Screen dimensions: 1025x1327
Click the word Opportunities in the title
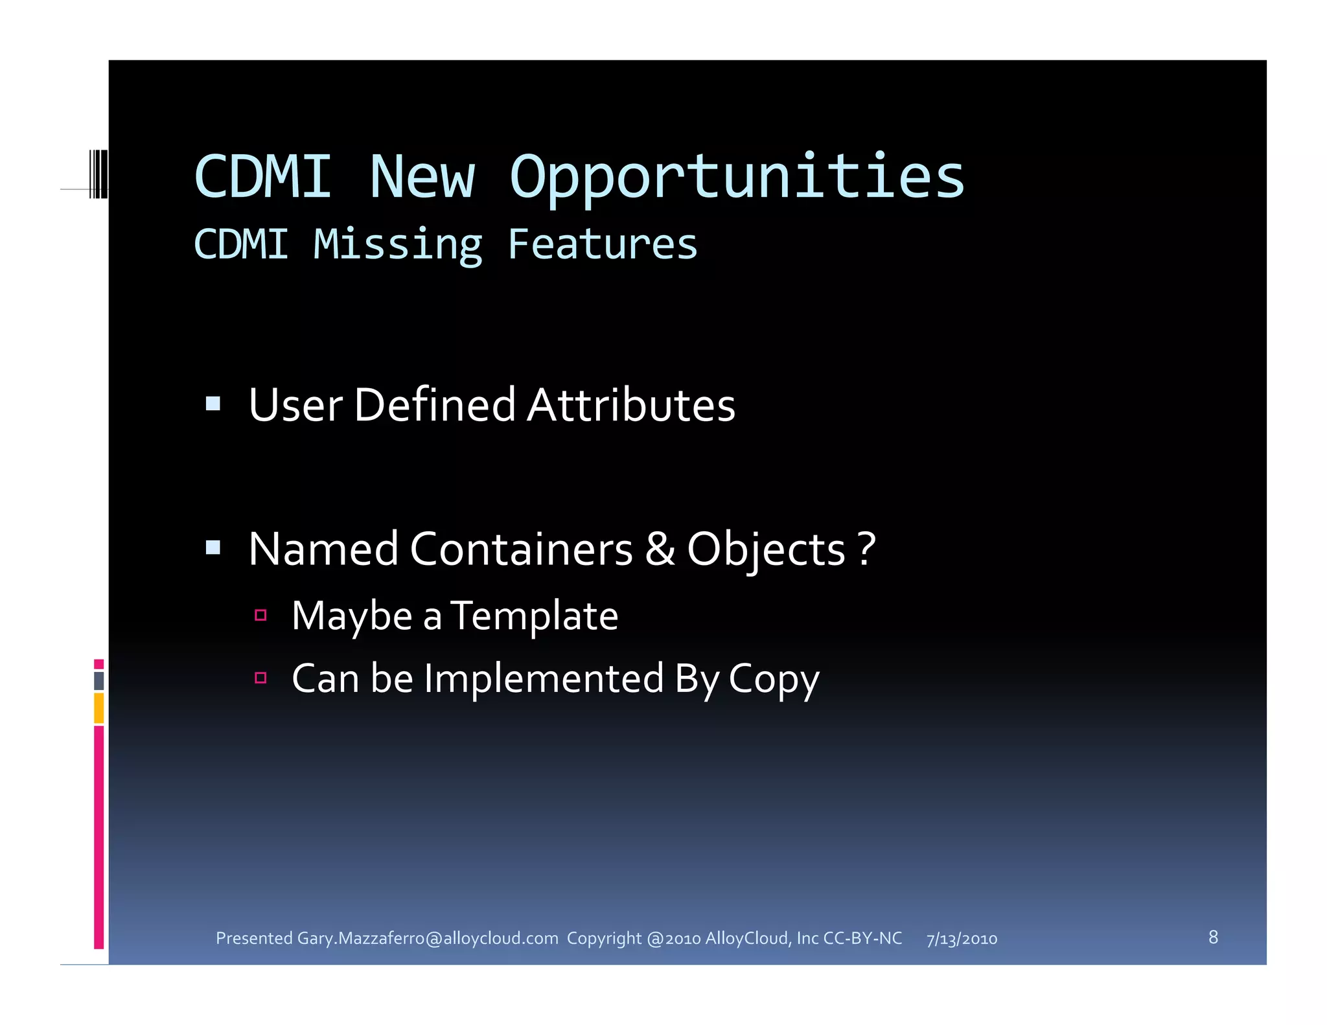pyautogui.click(x=737, y=178)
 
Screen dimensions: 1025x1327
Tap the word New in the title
pyautogui.click(x=422, y=178)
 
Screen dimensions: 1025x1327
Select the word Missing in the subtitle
pyautogui.click(x=398, y=245)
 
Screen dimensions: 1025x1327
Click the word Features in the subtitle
pyautogui.click(x=602, y=245)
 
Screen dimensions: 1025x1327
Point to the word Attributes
pyautogui.click(x=631, y=406)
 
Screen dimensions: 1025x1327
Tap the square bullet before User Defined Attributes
pyautogui.click(x=213, y=405)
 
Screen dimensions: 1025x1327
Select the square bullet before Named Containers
pyautogui.click(x=213, y=549)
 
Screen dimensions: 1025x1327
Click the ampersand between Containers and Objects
pyautogui.click(x=660, y=549)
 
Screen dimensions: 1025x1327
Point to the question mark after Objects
pyautogui.click(x=867, y=549)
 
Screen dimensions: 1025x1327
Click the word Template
pyautogui.click(x=535, y=616)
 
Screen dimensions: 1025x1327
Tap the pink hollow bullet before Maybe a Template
pyautogui.click(x=260, y=616)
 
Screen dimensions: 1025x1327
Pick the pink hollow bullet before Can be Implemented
pyautogui.click(x=260, y=678)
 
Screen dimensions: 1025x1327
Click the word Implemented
pyautogui.click(x=544, y=679)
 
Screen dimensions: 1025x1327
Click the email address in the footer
pyautogui.click(x=428, y=938)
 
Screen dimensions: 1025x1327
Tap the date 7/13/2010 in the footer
pyautogui.click(x=962, y=939)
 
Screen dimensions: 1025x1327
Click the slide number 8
pyautogui.click(x=1213, y=937)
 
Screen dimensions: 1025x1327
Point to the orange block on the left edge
pyautogui.click(x=98, y=708)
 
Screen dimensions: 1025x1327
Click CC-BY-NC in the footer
pyautogui.click(x=862, y=938)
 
